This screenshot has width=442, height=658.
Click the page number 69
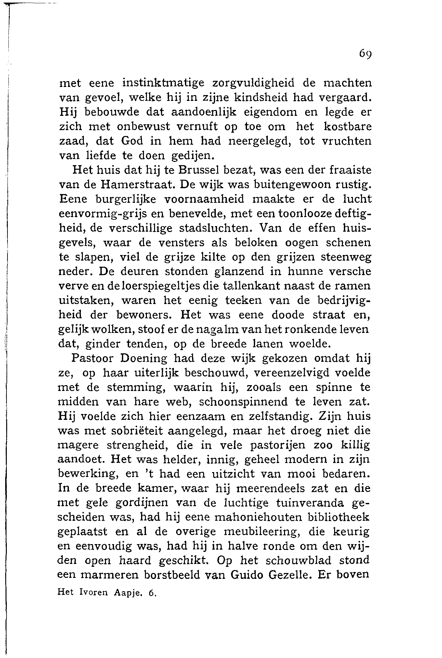click(x=366, y=54)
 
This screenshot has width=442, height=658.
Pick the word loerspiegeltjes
click(x=161, y=286)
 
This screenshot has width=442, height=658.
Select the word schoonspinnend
click(x=243, y=402)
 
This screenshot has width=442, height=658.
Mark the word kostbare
click(x=348, y=127)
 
